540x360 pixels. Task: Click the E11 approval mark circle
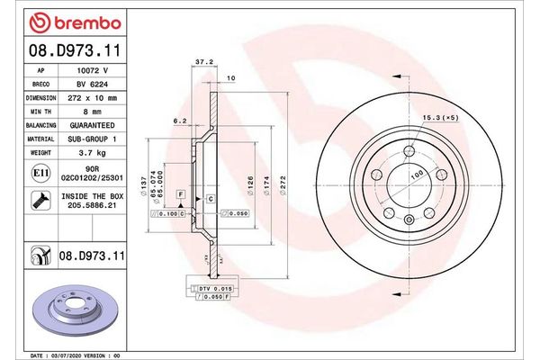pyautogui.click(x=41, y=171)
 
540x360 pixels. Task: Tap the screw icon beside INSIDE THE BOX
pyautogui.click(x=41, y=201)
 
